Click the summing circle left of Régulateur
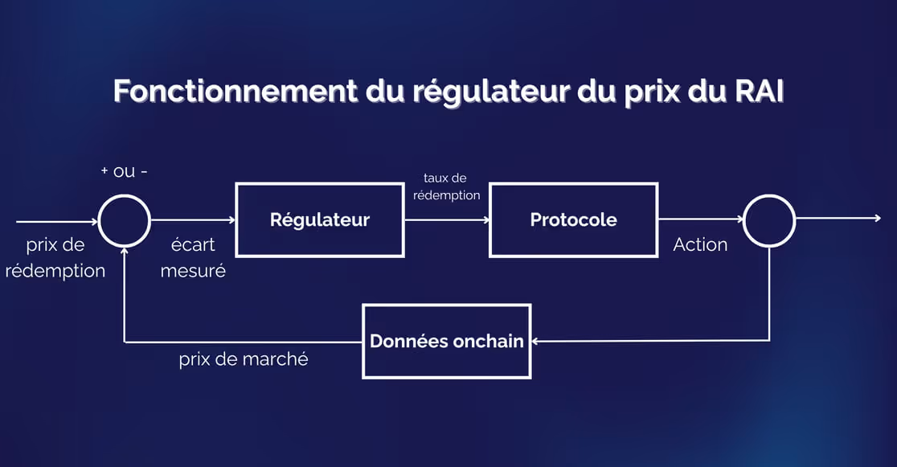[124, 195]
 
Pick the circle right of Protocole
[769, 195]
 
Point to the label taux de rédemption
[446, 186]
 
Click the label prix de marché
[244, 359]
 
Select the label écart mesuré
[193, 257]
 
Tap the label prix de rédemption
[55, 257]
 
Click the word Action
[700, 244]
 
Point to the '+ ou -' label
[124, 171]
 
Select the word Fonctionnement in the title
[236, 91]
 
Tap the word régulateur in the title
[491, 92]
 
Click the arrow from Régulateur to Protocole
[448, 219]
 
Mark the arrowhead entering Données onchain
[535, 341]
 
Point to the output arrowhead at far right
[878, 218]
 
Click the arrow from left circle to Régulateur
[194, 219]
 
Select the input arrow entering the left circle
[57, 222]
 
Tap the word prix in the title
[652, 92]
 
